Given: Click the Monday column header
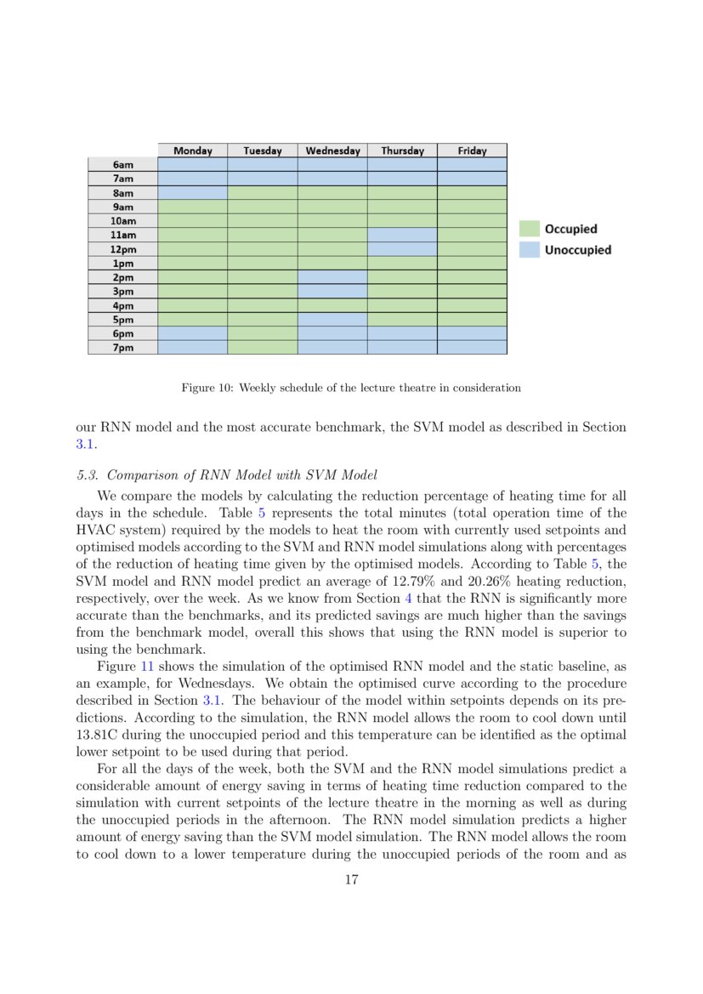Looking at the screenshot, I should [192, 151].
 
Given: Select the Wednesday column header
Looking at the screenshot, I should [332, 151].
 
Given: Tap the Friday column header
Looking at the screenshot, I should [472, 151].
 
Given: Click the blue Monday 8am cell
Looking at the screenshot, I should [192, 193].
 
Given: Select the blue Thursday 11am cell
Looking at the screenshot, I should [402, 235].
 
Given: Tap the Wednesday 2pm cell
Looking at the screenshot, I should [332, 277].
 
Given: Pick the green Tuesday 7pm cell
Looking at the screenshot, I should [263, 347].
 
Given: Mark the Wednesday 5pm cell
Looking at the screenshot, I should [332, 319].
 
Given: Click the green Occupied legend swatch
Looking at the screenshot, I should [530, 229].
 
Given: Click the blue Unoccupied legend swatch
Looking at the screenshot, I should [530, 250].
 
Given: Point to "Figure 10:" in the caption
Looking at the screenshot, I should [207, 388].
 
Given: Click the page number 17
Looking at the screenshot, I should [351, 880].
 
